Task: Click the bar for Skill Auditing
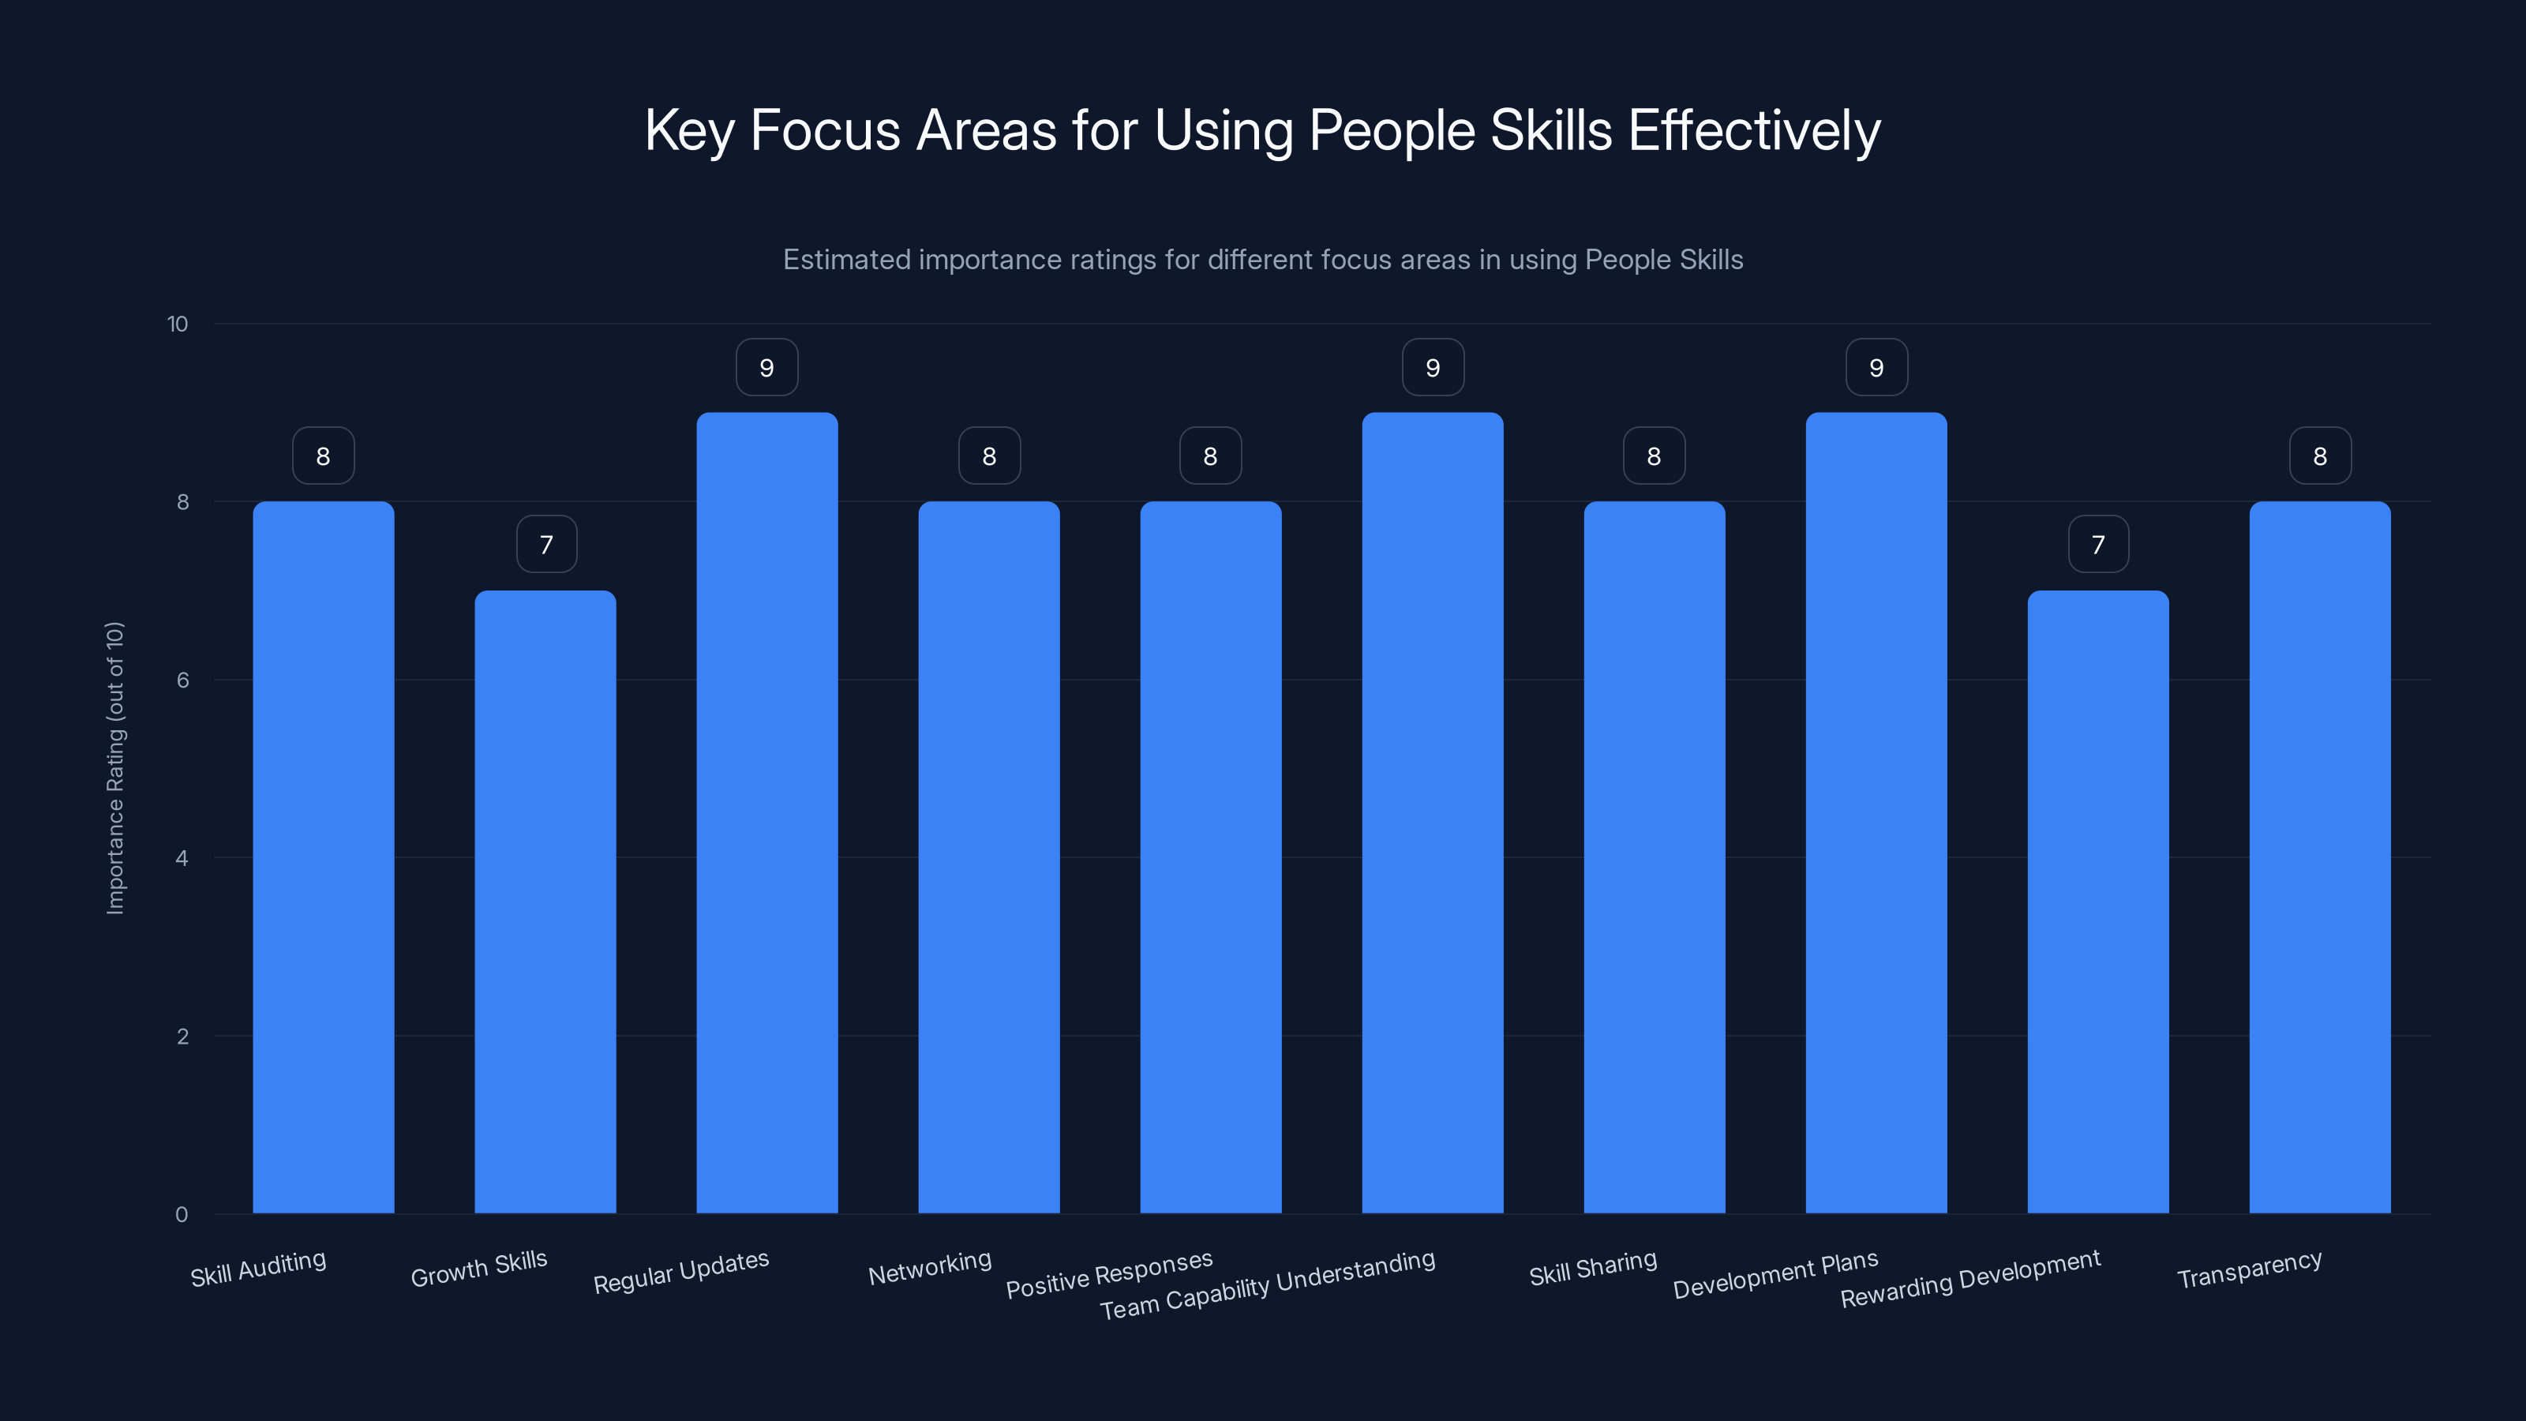tap(323, 857)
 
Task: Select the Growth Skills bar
tap(545, 902)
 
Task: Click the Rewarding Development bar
tap(2097, 902)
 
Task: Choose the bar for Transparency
tap(2319, 857)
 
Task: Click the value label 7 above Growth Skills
tap(546, 544)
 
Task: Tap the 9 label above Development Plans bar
tap(1876, 368)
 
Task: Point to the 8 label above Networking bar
tap(988, 456)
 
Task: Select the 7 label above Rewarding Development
tap(2097, 544)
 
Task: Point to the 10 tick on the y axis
tap(178, 324)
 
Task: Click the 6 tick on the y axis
tap(182, 680)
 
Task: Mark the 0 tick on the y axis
tap(182, 1214)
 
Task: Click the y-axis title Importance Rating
tap(116, 768)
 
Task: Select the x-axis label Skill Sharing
tap(1592, 1268)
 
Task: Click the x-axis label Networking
tap(930, 1267)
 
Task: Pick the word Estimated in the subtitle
tap(846, 260)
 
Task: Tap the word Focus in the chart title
tap(825, 130)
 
